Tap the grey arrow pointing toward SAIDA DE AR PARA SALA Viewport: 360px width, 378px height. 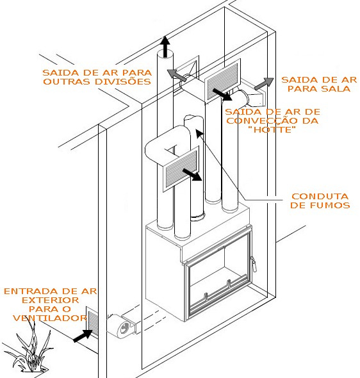click(x=264, y=84)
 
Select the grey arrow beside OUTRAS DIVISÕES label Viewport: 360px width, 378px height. click(x=177, y=75)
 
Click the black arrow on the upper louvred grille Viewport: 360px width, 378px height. click(x=222, y=94)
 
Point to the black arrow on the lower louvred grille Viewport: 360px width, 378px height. click(x=192, y=174)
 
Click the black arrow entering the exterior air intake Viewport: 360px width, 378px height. click(x=83, y=336)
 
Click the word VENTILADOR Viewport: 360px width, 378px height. click(x=50, y=318)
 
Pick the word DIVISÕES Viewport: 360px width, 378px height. click(x=123, y=81)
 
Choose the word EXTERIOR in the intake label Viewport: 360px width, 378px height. click(x=51, y=300)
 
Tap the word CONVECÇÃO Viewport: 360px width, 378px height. click(x=262, y=120)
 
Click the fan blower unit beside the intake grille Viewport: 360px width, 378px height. click(x=122, y=325)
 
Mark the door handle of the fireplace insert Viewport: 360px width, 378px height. click(x=253, y=264)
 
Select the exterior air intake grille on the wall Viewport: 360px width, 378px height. click(x=92, y=322)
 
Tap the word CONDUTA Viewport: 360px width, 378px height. click(x=320, y=197)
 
